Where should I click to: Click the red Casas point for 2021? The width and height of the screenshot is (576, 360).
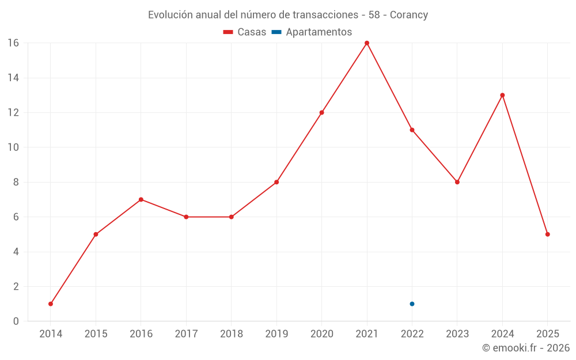click(x=367, y=43)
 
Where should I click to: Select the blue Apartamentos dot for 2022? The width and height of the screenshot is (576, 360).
click(x=412, y=304)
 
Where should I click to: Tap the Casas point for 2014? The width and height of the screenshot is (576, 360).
click(x=51, y=304)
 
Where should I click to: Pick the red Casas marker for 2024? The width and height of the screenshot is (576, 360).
click(x=502, y=95)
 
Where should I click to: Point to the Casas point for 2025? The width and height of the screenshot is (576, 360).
click(x=548, y=234)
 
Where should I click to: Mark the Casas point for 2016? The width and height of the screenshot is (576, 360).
click(x=141, y=199)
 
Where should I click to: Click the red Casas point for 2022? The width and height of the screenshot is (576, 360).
click(x=412, y=130)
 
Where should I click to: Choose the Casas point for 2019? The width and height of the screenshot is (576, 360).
click(x=276, y=182)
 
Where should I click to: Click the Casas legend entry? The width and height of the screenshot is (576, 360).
click(x=245, y=32)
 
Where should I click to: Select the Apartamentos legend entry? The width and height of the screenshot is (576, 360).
click(x=312, y=32)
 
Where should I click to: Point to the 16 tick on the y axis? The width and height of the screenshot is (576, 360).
click(x=13, y=43)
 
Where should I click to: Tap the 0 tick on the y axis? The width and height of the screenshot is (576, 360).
click(x=16, y=321)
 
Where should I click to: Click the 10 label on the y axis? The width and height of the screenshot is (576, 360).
click(x=13, y=147)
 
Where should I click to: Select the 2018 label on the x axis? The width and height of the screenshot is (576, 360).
click(x=232, y=334)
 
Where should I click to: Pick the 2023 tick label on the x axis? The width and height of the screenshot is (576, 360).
click(x=457, y=334)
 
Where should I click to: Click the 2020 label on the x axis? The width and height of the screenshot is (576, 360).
click(x=321, y=334)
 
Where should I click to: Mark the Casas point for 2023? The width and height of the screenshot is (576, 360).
click(x=457, y=182)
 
